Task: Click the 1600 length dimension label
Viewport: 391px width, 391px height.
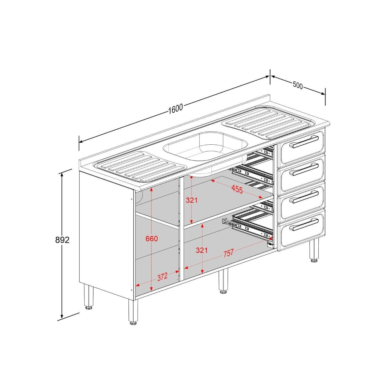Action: point(176,109)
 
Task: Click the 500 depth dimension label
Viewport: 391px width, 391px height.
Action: point(298,85)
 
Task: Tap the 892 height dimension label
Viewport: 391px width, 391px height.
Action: point(62,240)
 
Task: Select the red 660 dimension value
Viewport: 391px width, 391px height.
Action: point(152,239)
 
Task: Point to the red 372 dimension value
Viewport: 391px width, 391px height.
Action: point(162,277)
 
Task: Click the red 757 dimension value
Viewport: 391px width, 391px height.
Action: point(229,253)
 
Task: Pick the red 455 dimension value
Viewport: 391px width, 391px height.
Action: point(237,190)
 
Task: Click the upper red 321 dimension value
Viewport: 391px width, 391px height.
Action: point(192,200)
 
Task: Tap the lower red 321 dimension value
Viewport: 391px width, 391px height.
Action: point(201,250)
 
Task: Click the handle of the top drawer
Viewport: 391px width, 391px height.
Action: point(304,142)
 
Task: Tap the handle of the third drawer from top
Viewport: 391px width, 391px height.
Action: point(304,197)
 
